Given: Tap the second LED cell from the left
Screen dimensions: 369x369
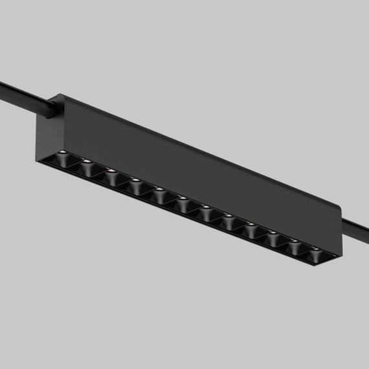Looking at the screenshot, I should pos(87,165).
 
